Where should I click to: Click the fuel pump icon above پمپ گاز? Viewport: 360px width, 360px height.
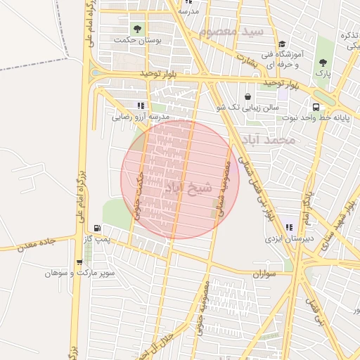96,229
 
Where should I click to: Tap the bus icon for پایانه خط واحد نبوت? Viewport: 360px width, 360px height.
315,107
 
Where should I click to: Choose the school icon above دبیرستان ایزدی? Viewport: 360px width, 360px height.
289,228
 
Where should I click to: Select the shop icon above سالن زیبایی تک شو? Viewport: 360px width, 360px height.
247,96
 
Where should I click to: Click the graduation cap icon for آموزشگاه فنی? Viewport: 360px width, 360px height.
282,44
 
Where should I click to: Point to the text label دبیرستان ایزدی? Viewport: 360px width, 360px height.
288,239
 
